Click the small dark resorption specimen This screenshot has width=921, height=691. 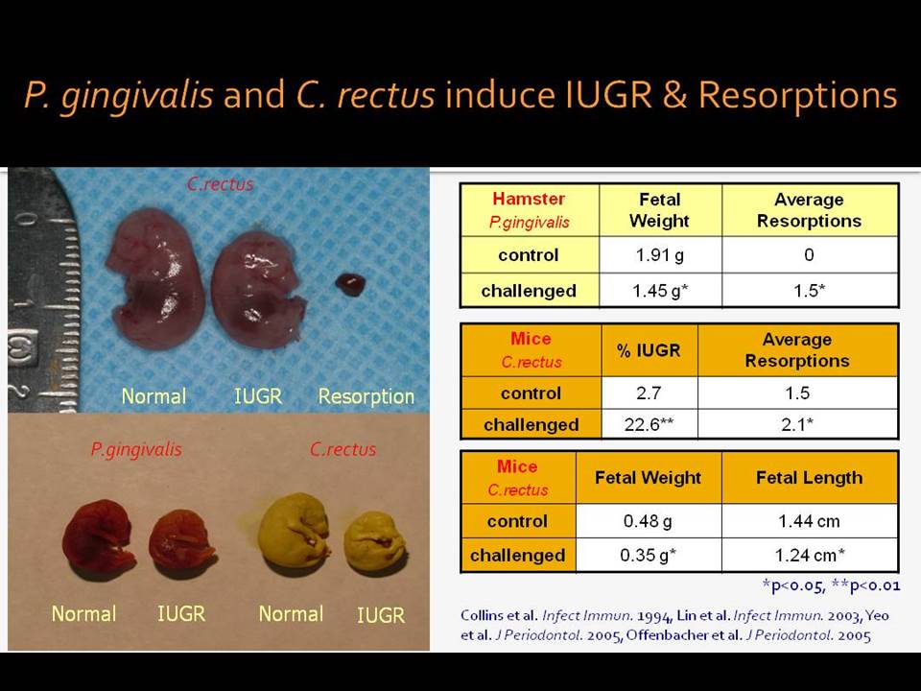coord(350,284)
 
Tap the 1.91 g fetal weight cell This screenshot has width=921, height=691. coord(660,255)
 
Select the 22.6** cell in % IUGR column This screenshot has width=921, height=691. coord(649,423)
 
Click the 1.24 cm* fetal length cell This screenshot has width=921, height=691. coord(810,555)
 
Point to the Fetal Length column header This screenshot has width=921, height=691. coord(810,478)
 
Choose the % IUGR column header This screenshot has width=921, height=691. coord(649,350)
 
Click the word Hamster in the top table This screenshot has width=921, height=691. coord(529,199)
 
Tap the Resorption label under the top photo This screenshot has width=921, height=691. coord(366,396)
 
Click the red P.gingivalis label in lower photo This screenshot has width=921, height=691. coord(136,449)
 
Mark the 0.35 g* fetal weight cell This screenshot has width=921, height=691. coord(649,555)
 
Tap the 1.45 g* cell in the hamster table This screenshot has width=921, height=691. coord(660,290)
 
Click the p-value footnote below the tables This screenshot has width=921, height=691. coord(831,585)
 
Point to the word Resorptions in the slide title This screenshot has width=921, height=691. coord(797,95)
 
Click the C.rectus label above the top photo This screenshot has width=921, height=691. coord(221,184)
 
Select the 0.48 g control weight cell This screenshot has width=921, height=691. coord(649,520)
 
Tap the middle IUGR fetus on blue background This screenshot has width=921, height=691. coord(257,289)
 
